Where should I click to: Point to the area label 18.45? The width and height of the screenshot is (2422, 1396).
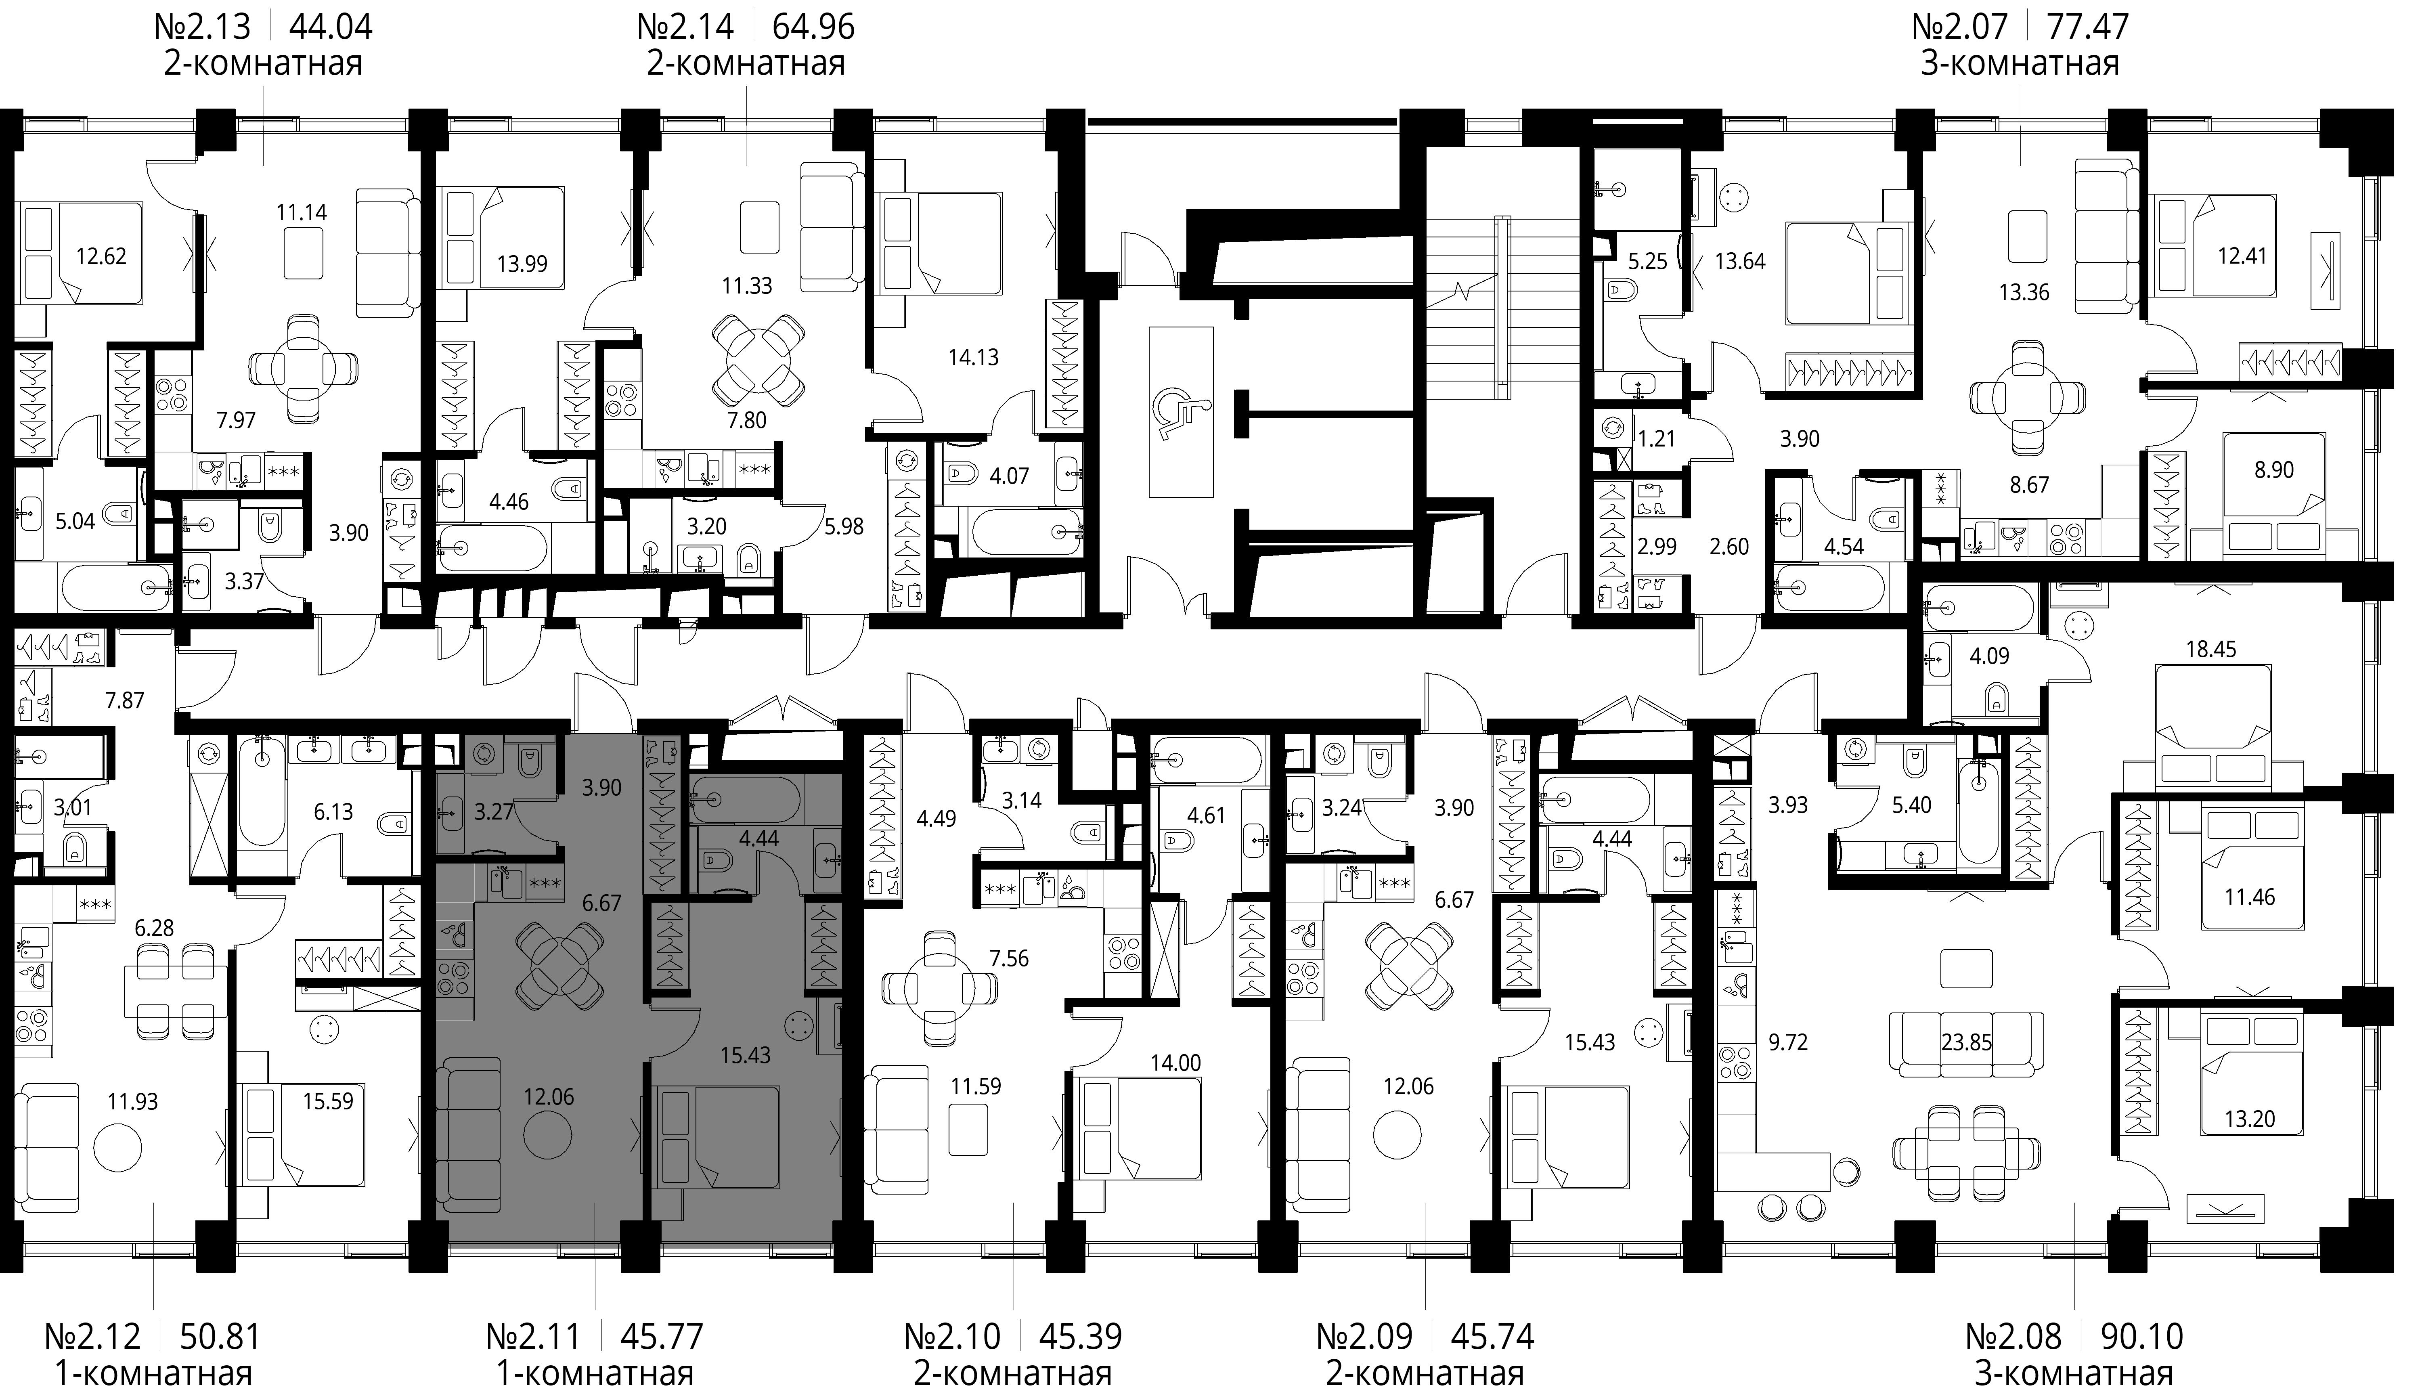coord(2211,649)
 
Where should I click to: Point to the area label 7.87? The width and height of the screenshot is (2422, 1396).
coord(125,701)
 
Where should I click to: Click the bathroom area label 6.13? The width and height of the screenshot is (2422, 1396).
coord(333,812)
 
